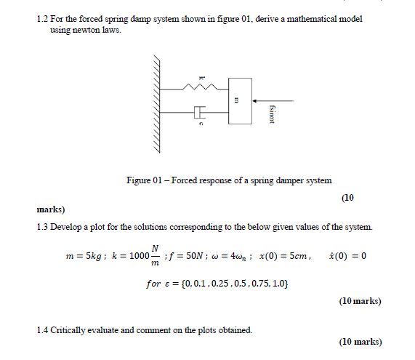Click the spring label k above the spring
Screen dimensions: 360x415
(x=203, y=78)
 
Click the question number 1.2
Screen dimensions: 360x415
(x=42, y=17)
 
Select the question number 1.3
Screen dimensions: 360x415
(x=42, y=228)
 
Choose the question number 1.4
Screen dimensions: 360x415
(x=42, y=330)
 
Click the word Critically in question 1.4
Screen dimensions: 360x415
(x=71, y=330)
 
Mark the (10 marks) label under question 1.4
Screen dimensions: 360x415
(x=360, y=341)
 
